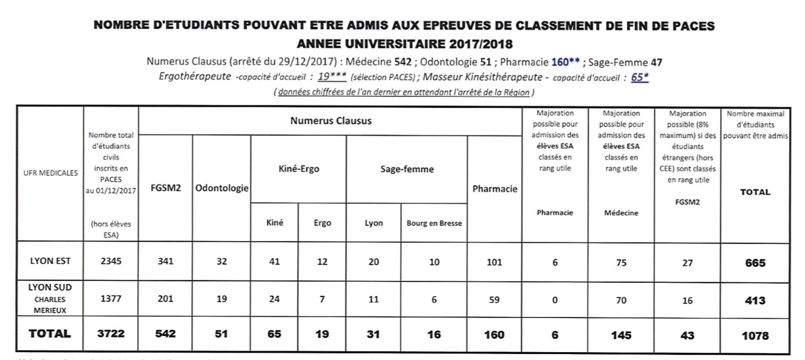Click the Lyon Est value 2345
111,261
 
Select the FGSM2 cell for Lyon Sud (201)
166,299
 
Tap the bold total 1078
755,336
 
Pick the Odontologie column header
221,188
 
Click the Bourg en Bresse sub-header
434,223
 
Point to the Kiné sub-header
275,223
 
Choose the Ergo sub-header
322,223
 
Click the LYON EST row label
50,261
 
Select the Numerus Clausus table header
331,121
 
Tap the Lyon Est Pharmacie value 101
494,262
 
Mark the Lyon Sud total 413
755,300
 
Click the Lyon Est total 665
755,263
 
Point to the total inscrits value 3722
111,334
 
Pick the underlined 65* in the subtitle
639,78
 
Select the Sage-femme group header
407,169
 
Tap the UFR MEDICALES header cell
50,173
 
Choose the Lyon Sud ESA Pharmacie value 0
555,300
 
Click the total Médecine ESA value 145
621,335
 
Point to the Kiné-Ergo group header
299,169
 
